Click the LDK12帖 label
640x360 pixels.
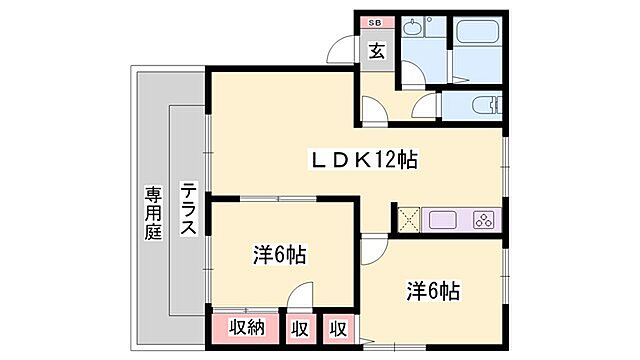click(361, 159)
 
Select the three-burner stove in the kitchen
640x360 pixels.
click(482, 220)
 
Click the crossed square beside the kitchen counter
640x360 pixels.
click(407, 220)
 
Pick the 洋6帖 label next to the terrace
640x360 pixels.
click(279, 255)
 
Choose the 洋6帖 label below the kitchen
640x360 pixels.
click(433, 292)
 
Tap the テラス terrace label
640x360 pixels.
click(189, 209)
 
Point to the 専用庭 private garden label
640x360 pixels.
click(152, 213)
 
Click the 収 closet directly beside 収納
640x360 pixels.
click(300, 328)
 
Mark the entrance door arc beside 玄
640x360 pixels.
click(342, 52)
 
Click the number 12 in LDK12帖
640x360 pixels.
click(379, 159)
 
